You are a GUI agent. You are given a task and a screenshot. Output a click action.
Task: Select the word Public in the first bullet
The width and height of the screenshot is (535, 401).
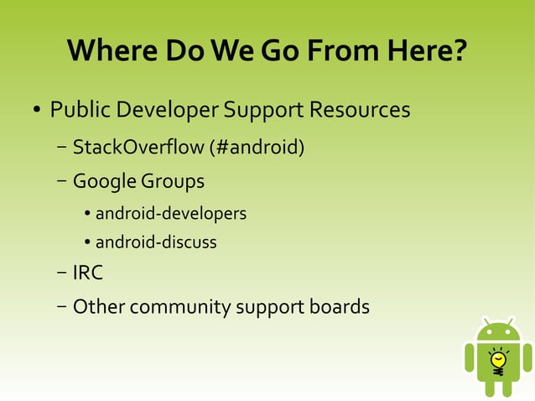pyautogui.click(x=81, y=110)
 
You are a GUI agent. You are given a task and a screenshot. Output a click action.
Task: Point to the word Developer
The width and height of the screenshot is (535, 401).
pyautogui.click(x=167, y=110)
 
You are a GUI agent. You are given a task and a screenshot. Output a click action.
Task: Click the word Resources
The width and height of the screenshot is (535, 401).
pyautogui.click(x=359, y=110)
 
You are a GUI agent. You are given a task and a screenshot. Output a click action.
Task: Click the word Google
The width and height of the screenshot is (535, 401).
pyautogui.click(x=104, y=181)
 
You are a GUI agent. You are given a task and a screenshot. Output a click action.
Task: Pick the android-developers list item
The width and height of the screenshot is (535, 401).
pyautogui.click(x=171, y=213)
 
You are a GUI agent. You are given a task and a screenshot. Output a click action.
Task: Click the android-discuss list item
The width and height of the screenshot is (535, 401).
pyautogui.click(x=156, y=242)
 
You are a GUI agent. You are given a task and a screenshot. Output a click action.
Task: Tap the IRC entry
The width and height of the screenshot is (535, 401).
pyautogui.click(x=87, y=273)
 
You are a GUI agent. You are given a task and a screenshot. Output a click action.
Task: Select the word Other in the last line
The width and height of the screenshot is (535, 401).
pyautogui.click(x=96, y=307)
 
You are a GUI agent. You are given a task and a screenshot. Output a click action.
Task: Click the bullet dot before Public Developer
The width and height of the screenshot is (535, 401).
pyautogui.click(x=37, y=112)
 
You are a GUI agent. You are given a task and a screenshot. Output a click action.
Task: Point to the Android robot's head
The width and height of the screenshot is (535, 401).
pyautogui.click(x=498, y=332)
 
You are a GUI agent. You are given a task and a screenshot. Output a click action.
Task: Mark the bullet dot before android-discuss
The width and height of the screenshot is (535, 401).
pyautogui.click(x=87, y=243)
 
